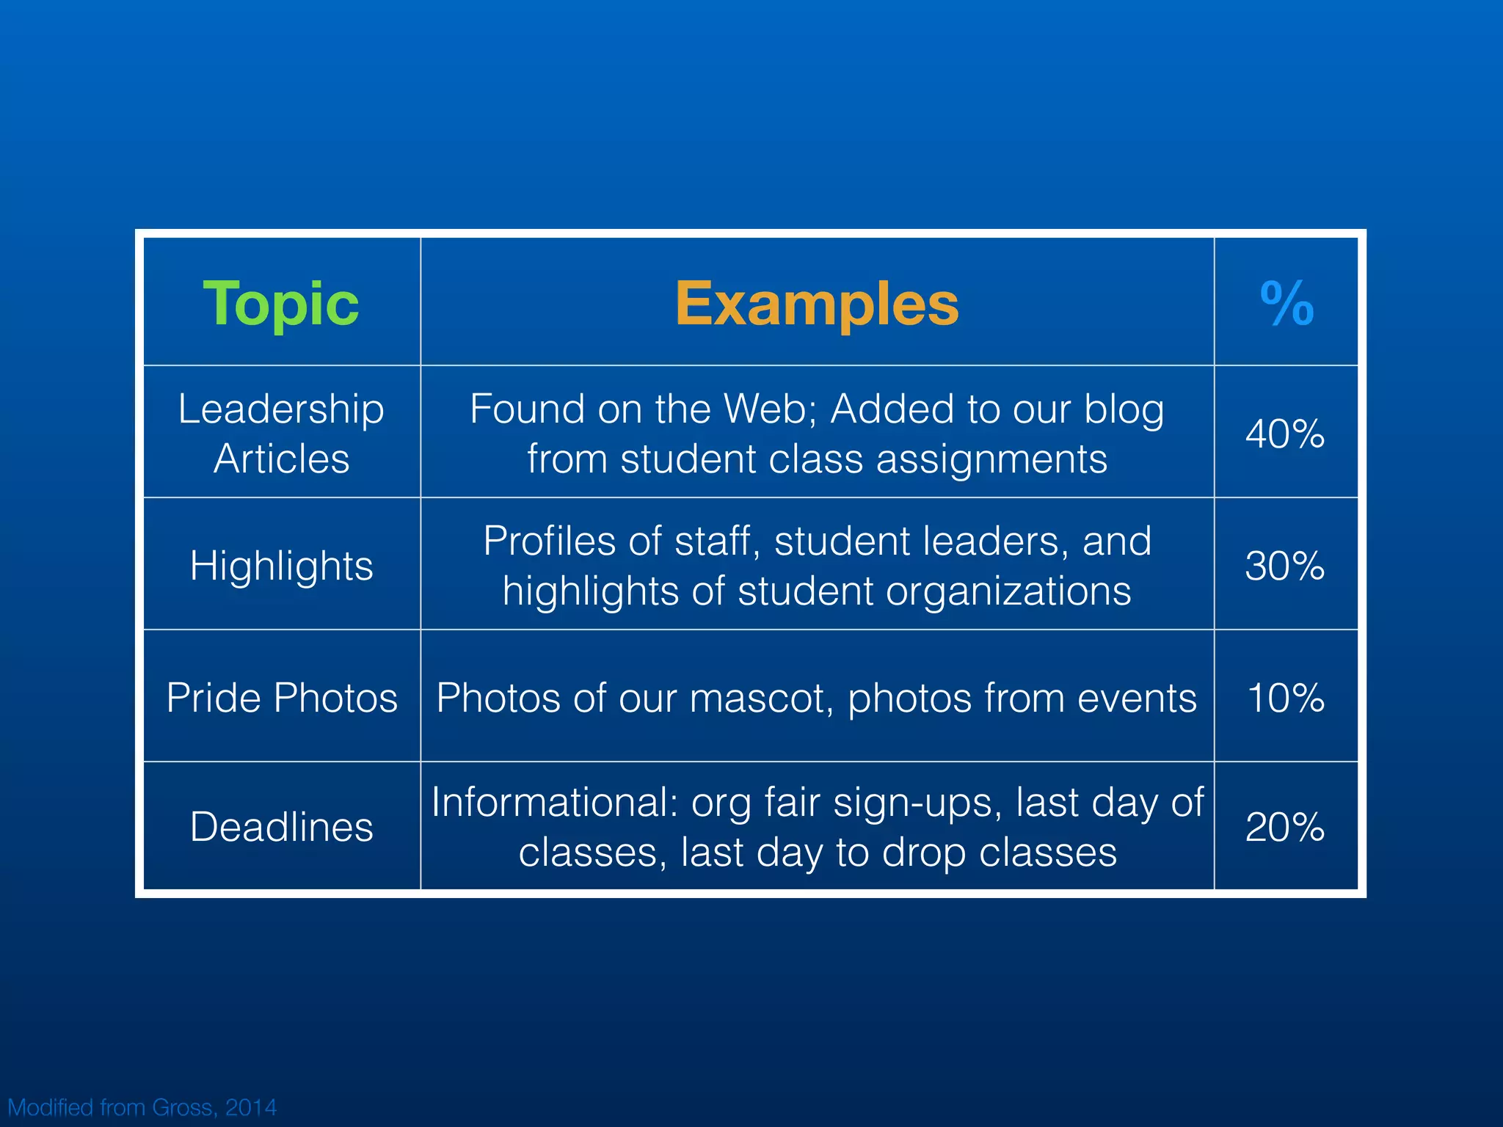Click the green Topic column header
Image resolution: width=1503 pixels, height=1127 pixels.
(281, 304)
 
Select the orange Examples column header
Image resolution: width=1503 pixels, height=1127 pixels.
(817, 304)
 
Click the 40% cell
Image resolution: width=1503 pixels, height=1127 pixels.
(1285, 434)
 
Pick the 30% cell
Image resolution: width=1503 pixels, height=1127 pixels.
(1285, 566)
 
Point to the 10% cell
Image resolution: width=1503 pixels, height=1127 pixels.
(1286, 697)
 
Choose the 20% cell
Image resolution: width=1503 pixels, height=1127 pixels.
(1285, 827)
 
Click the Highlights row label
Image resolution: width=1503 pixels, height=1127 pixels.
(281, 566)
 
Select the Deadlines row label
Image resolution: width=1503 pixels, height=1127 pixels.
(281, 827)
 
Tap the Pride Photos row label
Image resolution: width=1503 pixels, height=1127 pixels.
(282, 697)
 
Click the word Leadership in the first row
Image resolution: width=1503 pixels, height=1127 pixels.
(281, 409)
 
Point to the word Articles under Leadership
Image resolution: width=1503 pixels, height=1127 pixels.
(281, 459)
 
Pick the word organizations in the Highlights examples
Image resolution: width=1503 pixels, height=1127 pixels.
(1008, 591)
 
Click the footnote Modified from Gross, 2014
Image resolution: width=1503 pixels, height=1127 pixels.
(142, 1107)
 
